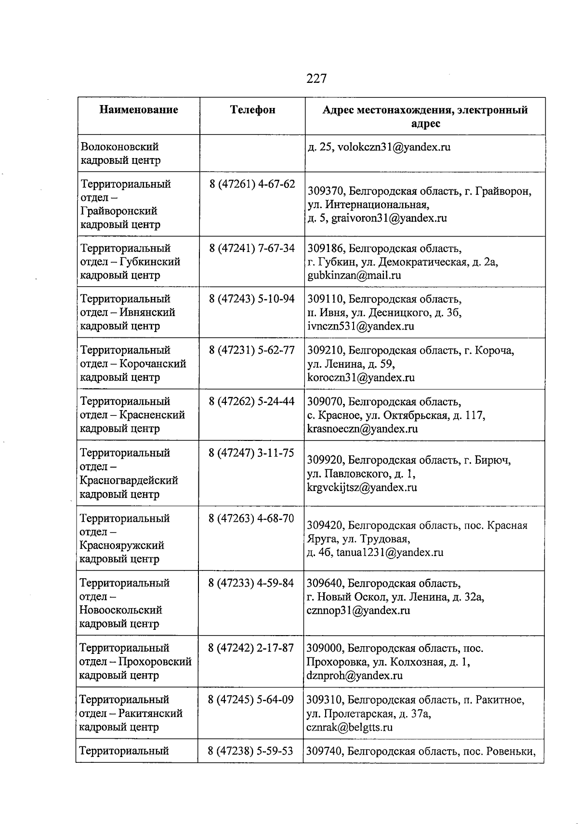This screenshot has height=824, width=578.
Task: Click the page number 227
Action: point(316,78)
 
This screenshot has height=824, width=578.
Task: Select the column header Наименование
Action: point(139,110)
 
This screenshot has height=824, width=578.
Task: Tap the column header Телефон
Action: point(253,110)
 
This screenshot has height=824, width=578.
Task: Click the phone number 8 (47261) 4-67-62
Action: point(252,184)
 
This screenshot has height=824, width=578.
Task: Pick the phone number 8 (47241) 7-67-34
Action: point(252,248)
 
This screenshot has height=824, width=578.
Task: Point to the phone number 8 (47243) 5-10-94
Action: point(252,299)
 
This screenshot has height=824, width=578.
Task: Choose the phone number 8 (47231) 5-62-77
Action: point(252,350)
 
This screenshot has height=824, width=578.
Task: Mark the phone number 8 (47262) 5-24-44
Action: point(252,401)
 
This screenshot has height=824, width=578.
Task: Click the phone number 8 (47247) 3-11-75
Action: point(251,453)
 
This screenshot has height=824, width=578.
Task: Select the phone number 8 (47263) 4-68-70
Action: point(251,518)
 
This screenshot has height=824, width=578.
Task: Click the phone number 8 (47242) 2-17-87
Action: point(251,648)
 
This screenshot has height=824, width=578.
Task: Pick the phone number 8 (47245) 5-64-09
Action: point(251,699)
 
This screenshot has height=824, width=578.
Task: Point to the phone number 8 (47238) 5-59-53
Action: point(251,751)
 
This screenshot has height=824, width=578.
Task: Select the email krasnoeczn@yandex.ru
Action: point(362,428)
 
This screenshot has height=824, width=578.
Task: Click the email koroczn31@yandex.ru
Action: point(361,377)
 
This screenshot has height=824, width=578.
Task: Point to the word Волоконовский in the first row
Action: point(120,146)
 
